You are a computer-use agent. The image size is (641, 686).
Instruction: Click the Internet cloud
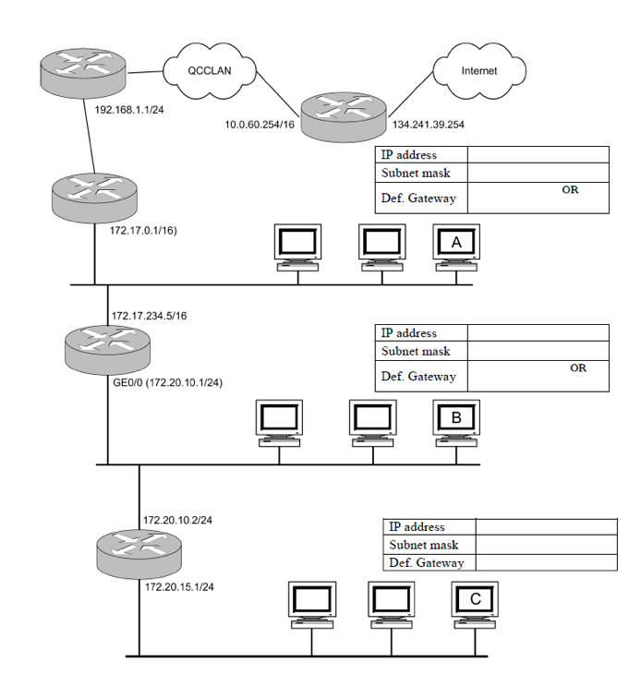point(478,70)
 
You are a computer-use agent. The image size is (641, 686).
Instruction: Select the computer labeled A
point(456,245)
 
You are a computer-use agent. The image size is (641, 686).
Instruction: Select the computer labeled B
point(456,420)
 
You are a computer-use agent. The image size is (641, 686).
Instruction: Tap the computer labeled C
point(475,602)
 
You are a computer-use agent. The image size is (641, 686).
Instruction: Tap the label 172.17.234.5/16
point(149,316)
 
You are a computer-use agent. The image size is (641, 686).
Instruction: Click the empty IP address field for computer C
point(546,527)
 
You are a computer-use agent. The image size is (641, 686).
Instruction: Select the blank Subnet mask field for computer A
point(538,173)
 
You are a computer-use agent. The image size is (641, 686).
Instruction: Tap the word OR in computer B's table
point(578,367)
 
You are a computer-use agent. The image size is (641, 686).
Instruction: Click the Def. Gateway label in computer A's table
point(418,199)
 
